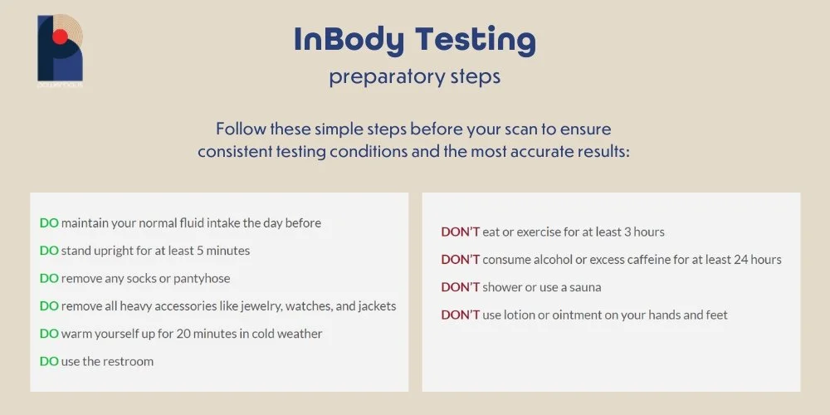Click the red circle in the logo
[x=59, y=36]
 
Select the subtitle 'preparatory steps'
[x=414, y=77]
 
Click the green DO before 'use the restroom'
[x=49, y=361]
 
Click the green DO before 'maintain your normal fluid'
[x=49, y=222]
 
